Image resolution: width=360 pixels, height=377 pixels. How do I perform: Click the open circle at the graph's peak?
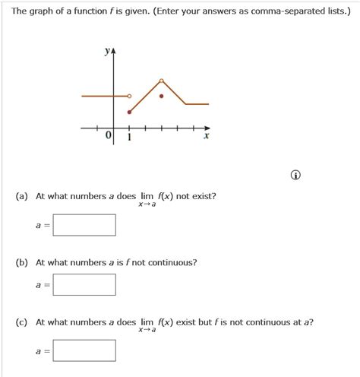pos(161,80)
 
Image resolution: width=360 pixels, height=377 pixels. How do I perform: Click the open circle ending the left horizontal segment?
pos(129,97)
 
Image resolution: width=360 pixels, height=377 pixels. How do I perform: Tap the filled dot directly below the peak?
pos(161,97)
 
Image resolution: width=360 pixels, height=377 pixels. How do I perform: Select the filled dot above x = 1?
pos(129,112)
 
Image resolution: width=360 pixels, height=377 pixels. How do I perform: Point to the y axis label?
pos(106,52)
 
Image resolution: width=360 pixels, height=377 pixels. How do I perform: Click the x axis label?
pos(206,138)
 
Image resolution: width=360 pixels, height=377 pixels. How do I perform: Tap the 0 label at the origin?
pos(109,135)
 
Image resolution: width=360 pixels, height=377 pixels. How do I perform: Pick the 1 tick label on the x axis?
pos(129,138)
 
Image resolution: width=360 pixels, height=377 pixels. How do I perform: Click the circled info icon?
pos(295,176)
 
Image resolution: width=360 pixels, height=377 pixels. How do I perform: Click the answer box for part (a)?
pos(84,225)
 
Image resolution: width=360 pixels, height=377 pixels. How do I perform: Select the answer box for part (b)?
pos(84,284)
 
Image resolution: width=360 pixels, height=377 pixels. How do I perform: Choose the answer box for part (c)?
pos(84,350)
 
